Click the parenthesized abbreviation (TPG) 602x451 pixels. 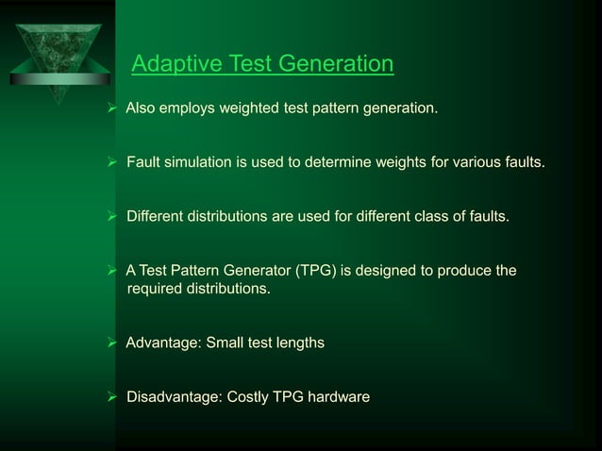pos(312,272)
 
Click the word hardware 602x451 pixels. pos(339,397)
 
